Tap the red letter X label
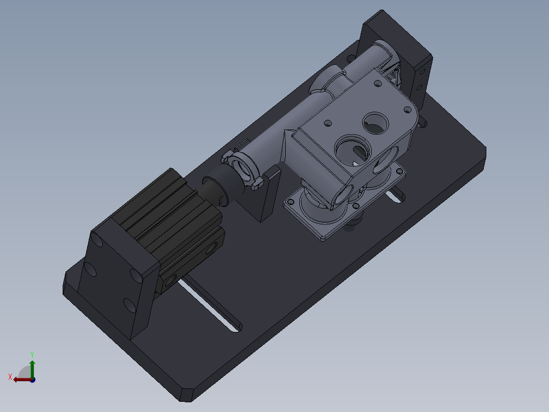[x=10, y=377]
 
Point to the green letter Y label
[x=32, y=353]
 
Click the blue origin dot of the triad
[x=32, y=379]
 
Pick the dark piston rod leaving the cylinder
[x=214, y=189]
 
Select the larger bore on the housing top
[x=351, y=150]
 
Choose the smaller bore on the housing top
[x=376, y=122]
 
